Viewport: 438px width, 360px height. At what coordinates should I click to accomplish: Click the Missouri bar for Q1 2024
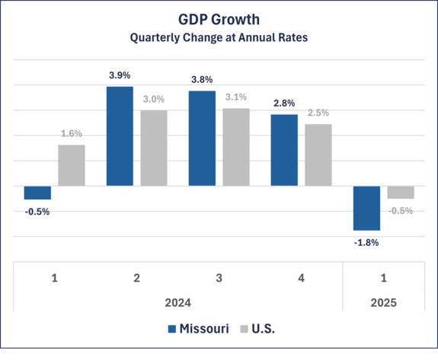tap(37, 193)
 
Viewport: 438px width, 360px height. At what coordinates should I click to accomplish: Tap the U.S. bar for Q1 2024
tap(72, 165)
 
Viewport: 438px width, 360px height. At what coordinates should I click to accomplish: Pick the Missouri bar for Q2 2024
tap(120, 135)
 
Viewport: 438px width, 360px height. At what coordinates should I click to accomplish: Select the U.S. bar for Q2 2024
tap(154, 148)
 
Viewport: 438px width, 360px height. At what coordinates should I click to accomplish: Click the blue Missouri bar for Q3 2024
tap(202, 138)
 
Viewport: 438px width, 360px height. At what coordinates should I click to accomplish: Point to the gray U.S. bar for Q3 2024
tap(236, 147)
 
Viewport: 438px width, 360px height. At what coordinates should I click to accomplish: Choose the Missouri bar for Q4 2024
tap(284, 150)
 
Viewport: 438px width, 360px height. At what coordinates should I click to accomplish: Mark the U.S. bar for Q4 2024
tap(318, 155)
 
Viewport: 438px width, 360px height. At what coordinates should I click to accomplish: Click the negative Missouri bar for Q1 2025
tap(366, 209)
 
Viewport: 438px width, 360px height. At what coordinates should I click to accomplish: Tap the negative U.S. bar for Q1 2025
tap(401, 193)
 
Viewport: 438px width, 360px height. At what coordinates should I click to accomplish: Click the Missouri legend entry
tap(199, 329)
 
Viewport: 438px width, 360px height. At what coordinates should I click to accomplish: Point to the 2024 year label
tap(177, 302)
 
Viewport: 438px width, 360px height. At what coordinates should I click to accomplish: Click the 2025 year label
tap(383, 302)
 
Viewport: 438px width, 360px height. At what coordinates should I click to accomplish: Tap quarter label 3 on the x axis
tap(219, 278)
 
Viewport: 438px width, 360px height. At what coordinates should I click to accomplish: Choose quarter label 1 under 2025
tap(383, 278)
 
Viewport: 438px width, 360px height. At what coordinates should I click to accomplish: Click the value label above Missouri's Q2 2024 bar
tap(120, 75)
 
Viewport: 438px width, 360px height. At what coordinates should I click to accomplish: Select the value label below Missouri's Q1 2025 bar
tap(366, 243)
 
